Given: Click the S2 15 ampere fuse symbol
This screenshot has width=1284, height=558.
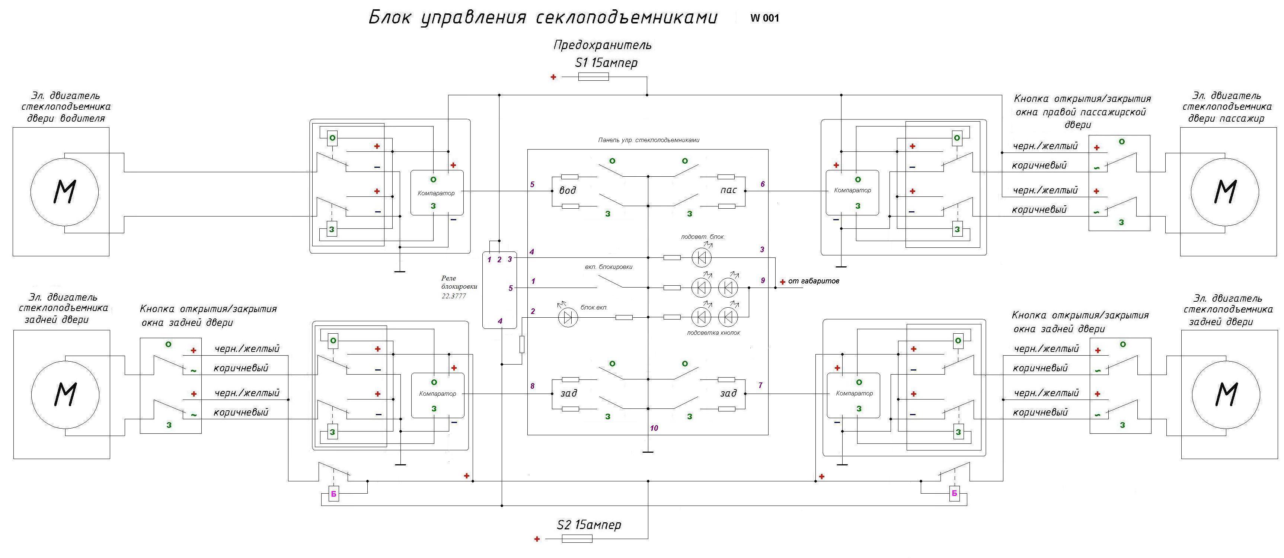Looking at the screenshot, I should tap(577, 539).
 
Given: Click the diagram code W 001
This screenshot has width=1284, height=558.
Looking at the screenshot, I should tap(764, 19).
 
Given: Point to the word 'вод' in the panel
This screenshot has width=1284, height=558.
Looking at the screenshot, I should tap(567, 190).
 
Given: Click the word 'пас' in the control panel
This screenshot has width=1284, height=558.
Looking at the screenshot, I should tap(728, 190).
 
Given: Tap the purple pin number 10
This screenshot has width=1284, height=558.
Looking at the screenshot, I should tap(654, 428).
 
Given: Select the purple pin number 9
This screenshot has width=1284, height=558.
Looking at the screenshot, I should tap(763, 281).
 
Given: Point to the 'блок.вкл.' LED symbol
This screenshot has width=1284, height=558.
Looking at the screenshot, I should tap(567, 317).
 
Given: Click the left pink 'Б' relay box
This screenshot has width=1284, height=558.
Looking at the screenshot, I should tap(334, 495).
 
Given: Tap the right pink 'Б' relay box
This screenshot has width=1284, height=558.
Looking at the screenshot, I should tap(954, 494).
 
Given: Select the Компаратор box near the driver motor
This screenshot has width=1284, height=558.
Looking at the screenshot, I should tap(437, 193).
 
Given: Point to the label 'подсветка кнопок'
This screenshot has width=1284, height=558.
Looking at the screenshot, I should tap(713, 332).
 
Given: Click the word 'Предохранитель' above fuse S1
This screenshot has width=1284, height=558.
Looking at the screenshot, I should tap(602, 45).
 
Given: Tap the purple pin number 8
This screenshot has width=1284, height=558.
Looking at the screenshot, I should tap(532, 386).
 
